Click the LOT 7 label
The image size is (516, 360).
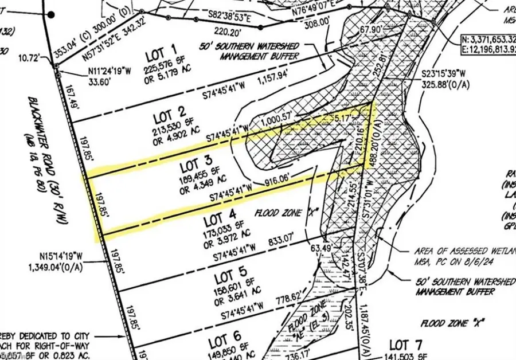pos(406,345)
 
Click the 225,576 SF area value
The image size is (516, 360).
pos(163,69)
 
